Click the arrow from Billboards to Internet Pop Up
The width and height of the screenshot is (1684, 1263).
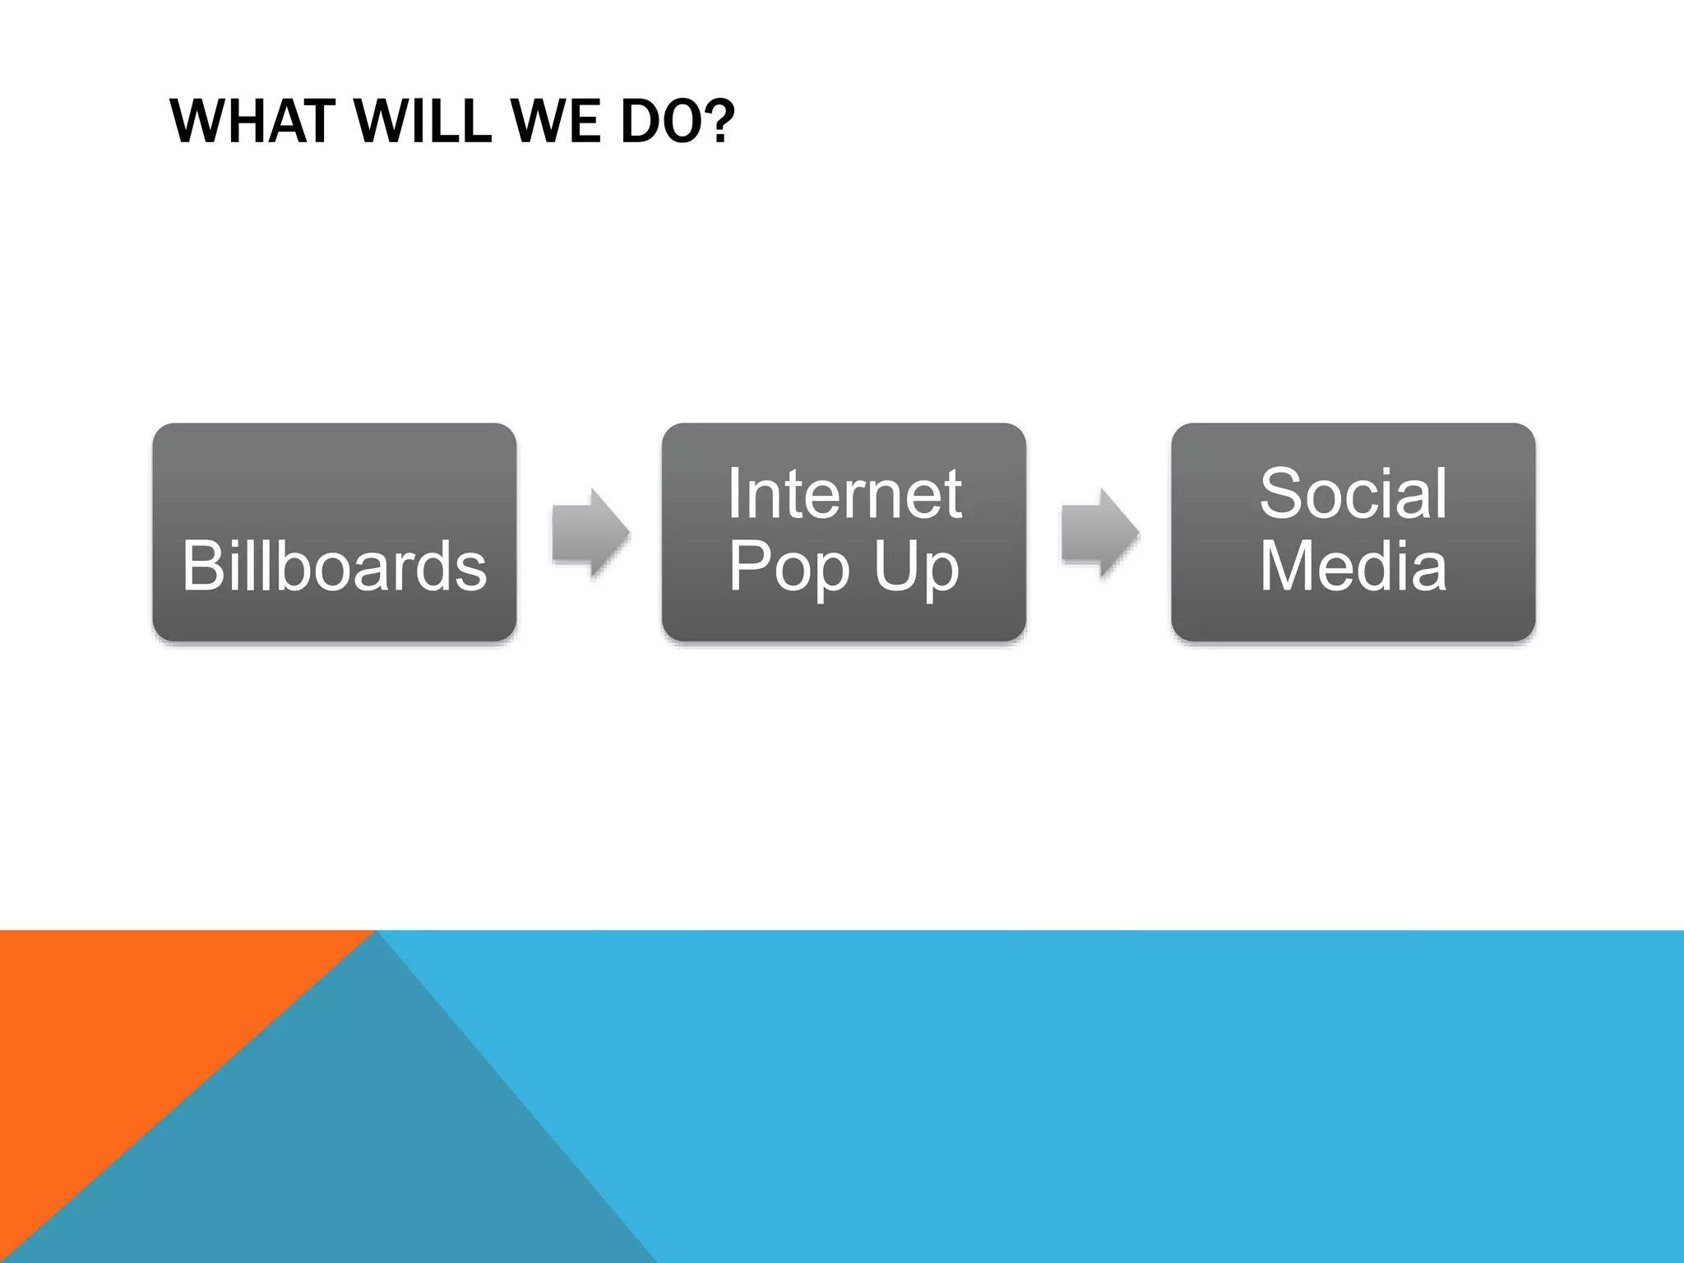(591, 533)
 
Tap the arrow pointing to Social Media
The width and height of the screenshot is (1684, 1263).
(1100, 533)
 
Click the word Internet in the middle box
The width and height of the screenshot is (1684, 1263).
(844, 493)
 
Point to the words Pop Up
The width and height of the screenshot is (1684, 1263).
(844, 567)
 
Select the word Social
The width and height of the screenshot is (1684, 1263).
(1353, 493)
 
